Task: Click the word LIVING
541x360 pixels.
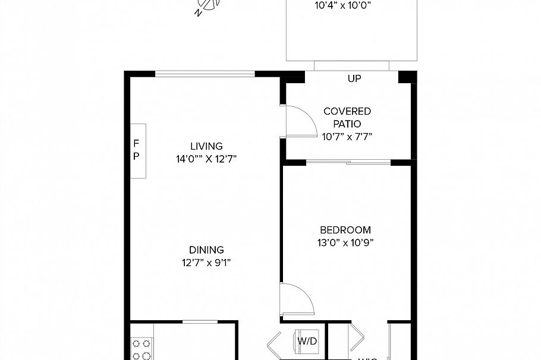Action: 206,146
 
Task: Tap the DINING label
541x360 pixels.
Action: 206,250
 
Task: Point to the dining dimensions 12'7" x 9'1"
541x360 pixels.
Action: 206,263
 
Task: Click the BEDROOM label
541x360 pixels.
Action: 345,230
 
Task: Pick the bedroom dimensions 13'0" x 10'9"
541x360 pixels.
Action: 345,242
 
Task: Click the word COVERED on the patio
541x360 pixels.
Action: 347,111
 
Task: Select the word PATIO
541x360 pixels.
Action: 347,124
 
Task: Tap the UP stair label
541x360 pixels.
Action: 354,78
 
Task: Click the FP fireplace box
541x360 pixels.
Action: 138,151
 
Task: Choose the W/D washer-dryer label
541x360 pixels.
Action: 307,341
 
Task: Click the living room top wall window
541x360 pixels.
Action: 205,74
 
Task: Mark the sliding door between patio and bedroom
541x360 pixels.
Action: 348,162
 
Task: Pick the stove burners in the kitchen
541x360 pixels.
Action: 142,349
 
